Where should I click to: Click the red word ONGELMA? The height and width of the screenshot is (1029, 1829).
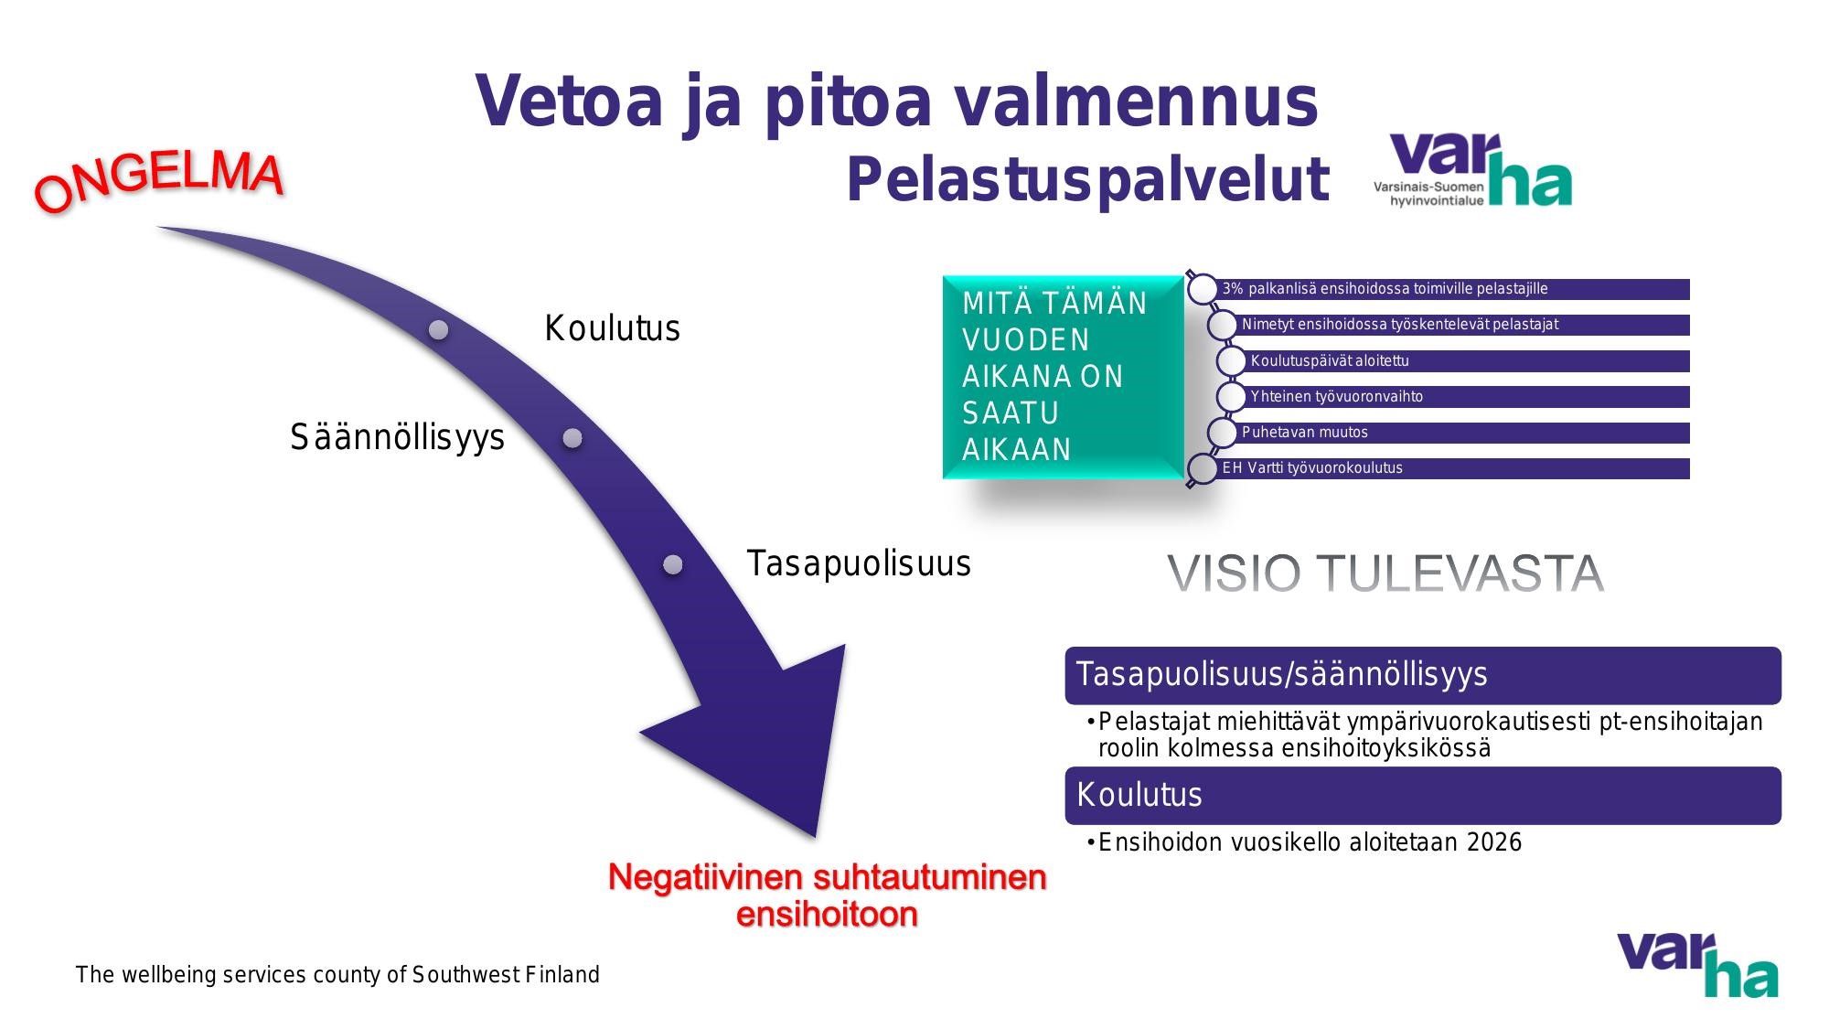coord(159,182)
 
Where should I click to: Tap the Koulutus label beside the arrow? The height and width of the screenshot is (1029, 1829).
coord(612,328)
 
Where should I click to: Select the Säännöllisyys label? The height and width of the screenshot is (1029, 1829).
coord(397,437)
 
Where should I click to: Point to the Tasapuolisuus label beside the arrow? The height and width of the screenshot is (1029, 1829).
coord(858,563)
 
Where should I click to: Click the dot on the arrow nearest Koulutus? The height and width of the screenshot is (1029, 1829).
coord(439,329)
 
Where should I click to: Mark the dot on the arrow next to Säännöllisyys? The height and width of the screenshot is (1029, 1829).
coord(572,438)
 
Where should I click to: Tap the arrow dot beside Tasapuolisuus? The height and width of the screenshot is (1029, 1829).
coord(673,564)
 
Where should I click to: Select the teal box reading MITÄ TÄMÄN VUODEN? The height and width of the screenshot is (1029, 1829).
coord(1063,377)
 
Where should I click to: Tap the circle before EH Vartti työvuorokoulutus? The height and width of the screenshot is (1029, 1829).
coord(1203,468)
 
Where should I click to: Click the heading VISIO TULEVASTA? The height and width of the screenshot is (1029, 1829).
coord(1385,573)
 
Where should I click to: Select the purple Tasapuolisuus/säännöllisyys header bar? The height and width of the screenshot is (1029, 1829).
coord(1422,675)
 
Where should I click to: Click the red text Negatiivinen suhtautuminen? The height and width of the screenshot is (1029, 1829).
coord(827,878)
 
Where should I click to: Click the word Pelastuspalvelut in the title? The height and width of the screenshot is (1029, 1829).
coord(1086,180)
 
